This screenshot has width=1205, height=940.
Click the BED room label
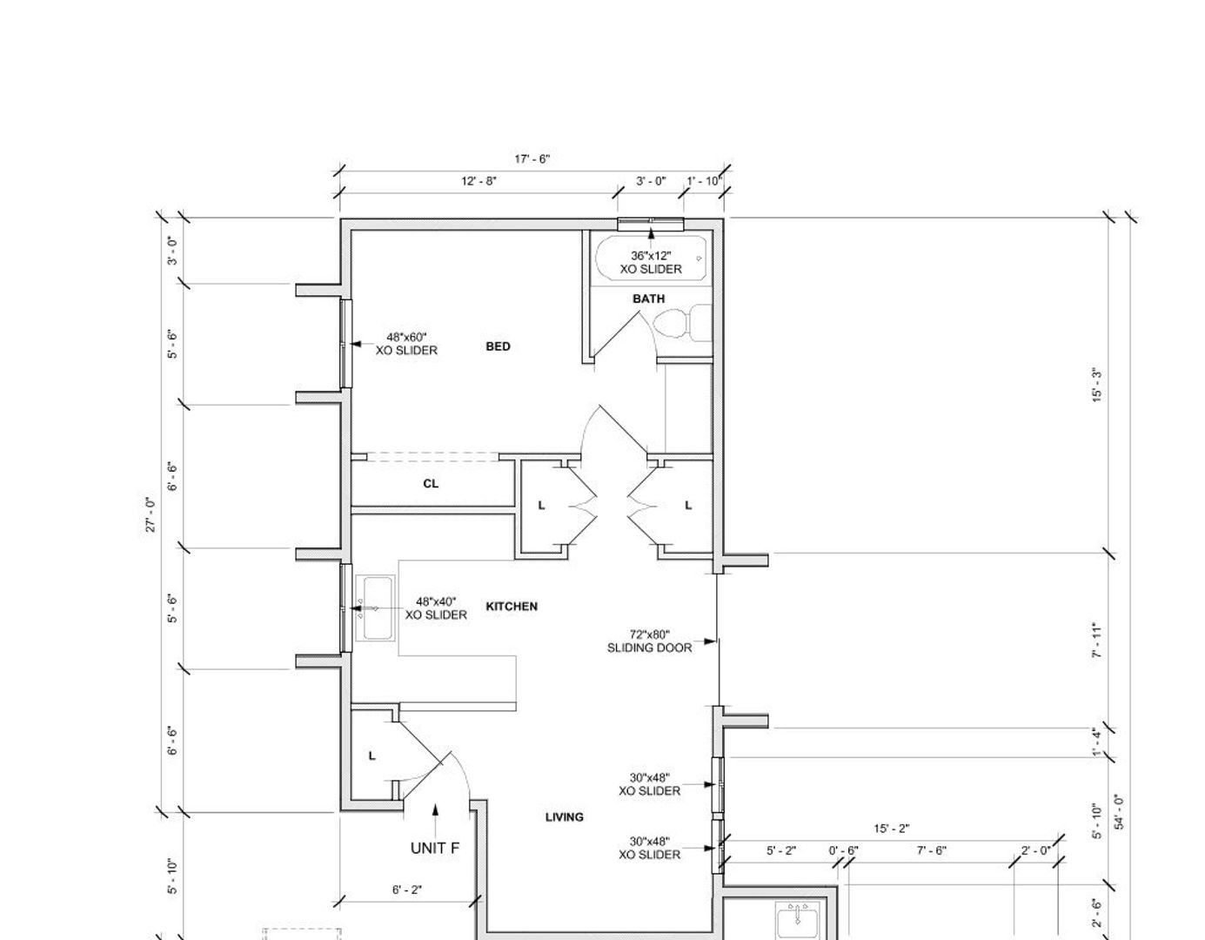[498, 346]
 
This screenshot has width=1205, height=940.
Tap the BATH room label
[648, 299]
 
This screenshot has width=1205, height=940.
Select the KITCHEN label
[512, 607]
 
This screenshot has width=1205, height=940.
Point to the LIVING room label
[564, 817]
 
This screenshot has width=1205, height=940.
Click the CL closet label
[431, 484]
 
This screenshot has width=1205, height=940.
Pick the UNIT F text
[435, 848]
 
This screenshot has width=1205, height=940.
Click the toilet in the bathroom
[681, 322]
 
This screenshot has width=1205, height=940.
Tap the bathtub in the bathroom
[651, 258]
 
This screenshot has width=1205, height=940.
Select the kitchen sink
[375, 608]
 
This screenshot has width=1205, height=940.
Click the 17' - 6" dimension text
[532, 159]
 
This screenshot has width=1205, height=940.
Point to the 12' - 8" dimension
[479, 181]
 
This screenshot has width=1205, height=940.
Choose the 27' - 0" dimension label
[151, 514]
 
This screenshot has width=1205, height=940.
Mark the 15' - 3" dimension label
[1097, 385]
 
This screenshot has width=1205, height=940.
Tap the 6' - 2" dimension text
[407, 890]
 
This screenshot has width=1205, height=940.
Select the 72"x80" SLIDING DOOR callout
[649, 641]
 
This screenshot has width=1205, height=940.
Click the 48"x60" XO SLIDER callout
[406, 344]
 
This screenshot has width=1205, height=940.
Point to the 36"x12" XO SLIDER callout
[651, 262]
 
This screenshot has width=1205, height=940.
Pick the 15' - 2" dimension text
[891, 829]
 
